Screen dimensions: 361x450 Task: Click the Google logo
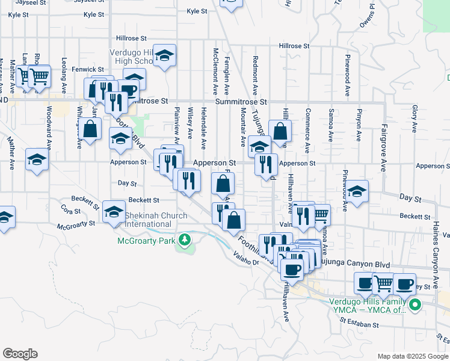[20, 354]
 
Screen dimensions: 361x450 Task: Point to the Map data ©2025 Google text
[412, 356]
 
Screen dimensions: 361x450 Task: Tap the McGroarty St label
[76, 226]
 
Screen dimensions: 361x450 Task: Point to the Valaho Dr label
[247, 261]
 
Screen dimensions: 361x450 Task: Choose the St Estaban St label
[359, 324]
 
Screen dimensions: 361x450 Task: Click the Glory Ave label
[415, 119]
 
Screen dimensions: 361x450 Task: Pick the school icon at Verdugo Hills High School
[164, 56]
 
